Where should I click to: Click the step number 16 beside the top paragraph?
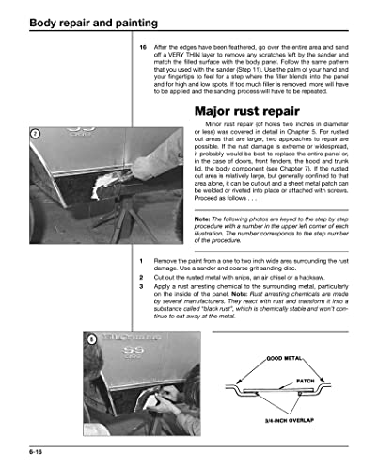pyautogui.click(x=143, y=47)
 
